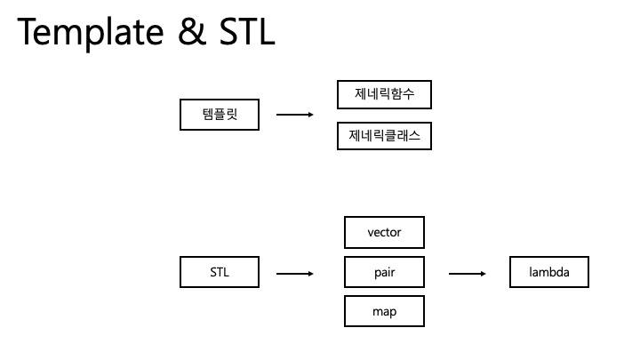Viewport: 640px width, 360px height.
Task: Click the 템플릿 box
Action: click(220, 115)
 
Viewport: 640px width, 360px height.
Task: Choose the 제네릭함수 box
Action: click(384, 94)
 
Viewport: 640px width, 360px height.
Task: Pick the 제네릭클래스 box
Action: click(384, 135)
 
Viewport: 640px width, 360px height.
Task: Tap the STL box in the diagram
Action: click(220, 272)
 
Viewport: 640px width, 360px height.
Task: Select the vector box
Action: click(384, 233)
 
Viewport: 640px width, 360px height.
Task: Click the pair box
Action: click(384, 272)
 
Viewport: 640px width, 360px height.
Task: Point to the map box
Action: click(384, 312)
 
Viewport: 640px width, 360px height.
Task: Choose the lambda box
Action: click(549, 272)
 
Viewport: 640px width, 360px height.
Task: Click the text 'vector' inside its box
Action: click(384, 233)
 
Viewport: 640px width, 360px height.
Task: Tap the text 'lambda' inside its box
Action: click(549, 272)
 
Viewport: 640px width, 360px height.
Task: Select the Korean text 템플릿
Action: click(220, 115)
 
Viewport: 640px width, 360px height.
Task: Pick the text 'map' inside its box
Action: click(384, 312)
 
